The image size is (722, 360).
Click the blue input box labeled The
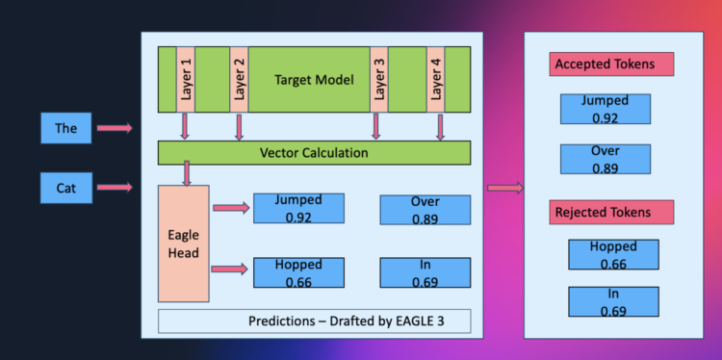click(x=65, y=127)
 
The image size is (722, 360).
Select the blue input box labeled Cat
click(x=65, y=188)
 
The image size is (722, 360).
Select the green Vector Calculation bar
click(x=314, y=152)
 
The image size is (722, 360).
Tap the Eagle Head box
click(x=183, y=244)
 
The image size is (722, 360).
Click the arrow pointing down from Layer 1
click(x=186, y=125)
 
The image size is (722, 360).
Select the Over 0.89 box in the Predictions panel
click(x=425, y=210)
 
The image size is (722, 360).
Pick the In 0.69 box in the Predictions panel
click(x=425, y=272)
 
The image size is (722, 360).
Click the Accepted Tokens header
click(x=611, y=64)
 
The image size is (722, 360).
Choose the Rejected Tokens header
click(x=611, y=212)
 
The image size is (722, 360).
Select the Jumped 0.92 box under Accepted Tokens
click(x=605, y=109)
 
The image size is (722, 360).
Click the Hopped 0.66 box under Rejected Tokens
click(x=612, y=254)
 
